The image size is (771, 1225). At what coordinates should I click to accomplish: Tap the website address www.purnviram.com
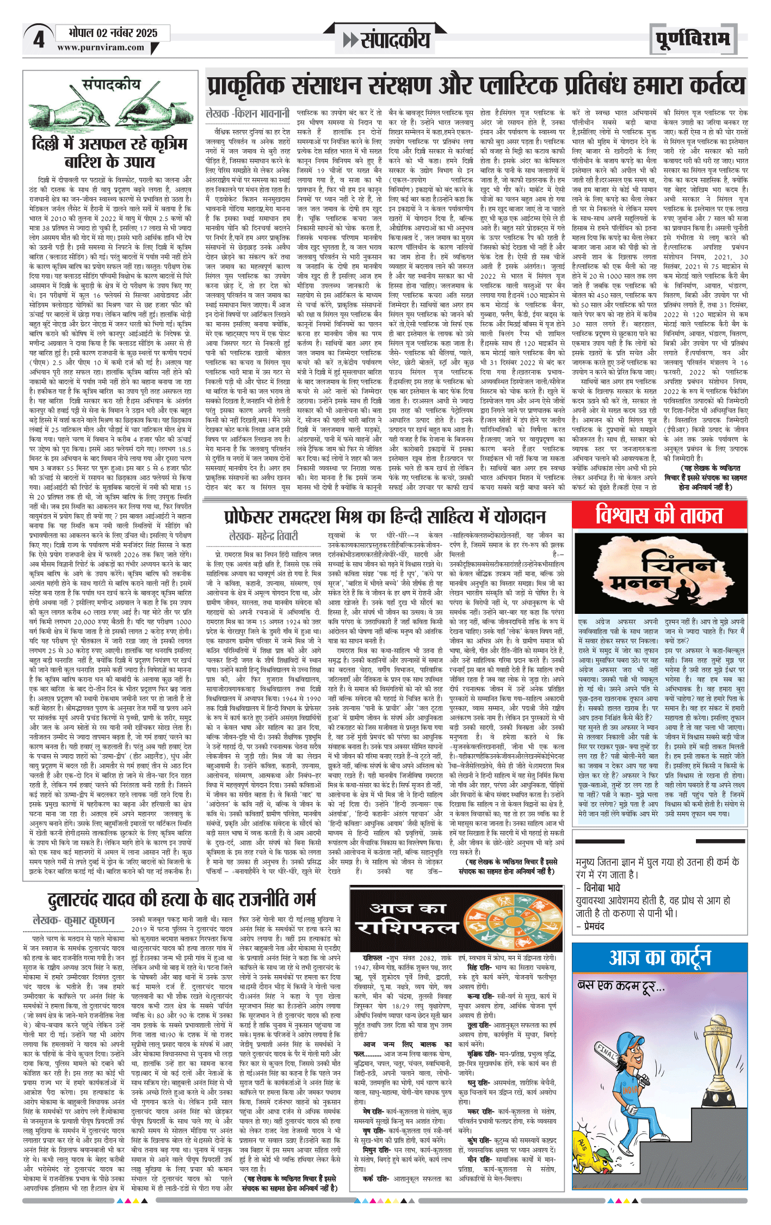101,47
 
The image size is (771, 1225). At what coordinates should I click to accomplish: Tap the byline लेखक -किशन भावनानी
248,113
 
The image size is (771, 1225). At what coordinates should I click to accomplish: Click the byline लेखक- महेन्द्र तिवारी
263,535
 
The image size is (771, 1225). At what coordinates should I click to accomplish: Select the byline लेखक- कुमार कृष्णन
74,920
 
